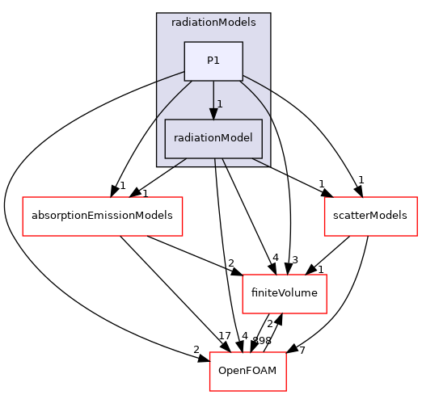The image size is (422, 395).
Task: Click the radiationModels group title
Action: coord(213,23)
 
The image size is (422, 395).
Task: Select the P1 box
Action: coord(213,61)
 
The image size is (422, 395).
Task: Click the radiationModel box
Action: coord(213,138)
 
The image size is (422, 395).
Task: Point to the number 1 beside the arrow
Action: coord(219,104)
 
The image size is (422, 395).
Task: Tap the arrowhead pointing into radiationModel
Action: coord(213,114)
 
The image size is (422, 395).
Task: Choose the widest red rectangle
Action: coord(102,216)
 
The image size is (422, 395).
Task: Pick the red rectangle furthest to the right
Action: coord(370,216)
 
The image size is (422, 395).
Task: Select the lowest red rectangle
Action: coord(247,372)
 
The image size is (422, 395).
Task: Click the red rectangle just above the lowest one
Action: coord(285,294)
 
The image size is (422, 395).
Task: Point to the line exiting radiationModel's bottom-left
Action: coord(179,162)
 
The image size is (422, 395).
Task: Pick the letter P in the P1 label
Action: coord(210,61)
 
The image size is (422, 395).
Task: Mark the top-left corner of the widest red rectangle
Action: coord(23,197)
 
